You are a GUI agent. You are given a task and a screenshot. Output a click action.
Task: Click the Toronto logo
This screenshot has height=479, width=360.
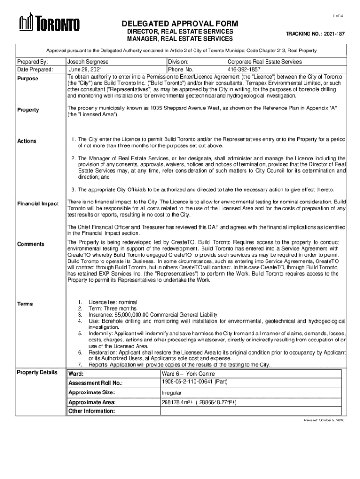[49, 23]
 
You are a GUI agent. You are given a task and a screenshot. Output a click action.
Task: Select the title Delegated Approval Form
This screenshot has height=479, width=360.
[180, 24]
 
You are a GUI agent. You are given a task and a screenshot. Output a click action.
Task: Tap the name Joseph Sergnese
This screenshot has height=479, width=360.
[88, 62]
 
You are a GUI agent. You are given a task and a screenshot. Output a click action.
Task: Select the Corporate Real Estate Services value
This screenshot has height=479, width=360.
[264, 62]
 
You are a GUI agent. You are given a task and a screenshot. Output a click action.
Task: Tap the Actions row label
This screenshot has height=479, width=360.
[27, 141]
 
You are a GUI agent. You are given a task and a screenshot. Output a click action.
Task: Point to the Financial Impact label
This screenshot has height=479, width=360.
[38, 204]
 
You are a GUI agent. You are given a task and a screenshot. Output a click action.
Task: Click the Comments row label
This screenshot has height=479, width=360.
[31, 244]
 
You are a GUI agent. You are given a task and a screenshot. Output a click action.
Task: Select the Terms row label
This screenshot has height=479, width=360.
[25, 304]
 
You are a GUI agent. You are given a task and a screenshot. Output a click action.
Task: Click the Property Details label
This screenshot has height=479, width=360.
[37, 372]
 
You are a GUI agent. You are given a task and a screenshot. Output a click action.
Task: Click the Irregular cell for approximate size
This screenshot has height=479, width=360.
[172, 393]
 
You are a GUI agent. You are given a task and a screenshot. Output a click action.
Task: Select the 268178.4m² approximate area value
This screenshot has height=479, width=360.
[198, 403]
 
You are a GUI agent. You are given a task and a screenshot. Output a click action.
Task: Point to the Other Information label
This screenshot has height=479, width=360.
[91, 411]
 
